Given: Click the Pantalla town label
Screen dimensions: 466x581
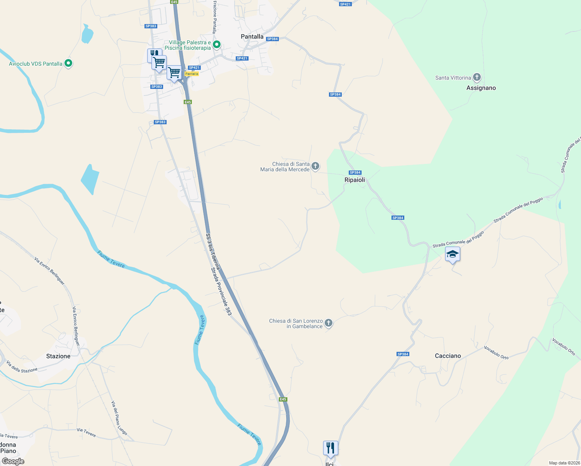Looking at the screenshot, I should coord(252,37).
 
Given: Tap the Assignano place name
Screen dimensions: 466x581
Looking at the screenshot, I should coord(481,88).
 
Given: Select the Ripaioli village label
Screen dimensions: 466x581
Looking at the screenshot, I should coord(355,180).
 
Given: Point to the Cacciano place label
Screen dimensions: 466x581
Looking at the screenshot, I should coord(448,356).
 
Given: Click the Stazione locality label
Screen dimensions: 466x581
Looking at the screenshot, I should coord(58,356).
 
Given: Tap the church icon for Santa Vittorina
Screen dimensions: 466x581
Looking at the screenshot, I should coord(477,77).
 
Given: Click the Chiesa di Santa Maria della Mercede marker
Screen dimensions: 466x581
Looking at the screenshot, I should coord(315,166).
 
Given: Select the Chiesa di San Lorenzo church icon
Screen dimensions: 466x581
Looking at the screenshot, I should coord(329,323).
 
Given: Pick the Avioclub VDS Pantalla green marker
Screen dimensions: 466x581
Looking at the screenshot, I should coord(68,63).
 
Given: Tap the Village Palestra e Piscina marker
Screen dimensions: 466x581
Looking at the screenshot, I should coord(217,45).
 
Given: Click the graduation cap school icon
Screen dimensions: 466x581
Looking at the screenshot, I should coord(452,254).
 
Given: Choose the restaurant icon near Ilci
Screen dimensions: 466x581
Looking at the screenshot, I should coord(331,448).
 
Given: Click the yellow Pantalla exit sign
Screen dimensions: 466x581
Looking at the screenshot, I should coord(192,74).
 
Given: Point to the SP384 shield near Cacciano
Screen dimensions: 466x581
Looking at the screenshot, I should coord(403,354).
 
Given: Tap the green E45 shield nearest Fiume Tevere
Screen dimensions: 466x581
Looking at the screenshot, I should coord(283,399).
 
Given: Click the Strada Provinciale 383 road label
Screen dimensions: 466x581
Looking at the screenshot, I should coord(221,291).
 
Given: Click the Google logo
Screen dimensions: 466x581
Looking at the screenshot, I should coord(13,461).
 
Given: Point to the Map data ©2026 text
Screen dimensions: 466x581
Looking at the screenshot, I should coord(564,463).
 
